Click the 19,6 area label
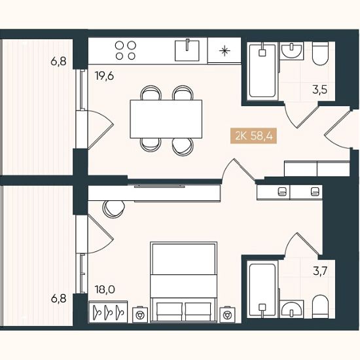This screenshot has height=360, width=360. [x=105, y=76]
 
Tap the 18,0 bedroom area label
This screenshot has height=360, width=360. [x=105, y=290]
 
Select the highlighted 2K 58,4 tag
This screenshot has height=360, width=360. [x=254, y=136]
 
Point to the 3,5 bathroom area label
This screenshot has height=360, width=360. [x=319, y=90]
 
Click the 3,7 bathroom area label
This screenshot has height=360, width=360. [x=320, y=271]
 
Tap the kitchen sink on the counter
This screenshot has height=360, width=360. [x=187, y=50]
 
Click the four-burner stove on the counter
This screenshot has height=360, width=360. [x=126, y=50]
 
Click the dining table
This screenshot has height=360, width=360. [x=166, y=119]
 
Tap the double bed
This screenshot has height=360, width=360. [x=184, y=281]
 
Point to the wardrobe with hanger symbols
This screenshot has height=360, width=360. [x=108, y=312]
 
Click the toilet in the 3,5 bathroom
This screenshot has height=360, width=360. [x=321, y=54]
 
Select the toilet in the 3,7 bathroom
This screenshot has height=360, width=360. [x=321, y=306]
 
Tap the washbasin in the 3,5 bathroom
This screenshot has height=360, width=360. [x=291, y=50]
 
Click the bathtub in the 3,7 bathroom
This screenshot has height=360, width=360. [x=262, y=290]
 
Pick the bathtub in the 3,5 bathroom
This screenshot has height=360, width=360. [x=262, y=71]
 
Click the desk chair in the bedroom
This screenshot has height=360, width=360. [x=114, y=209]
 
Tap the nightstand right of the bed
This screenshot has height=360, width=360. [x=227, y=314]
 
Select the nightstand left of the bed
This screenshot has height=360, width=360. [x=140, y=314]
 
